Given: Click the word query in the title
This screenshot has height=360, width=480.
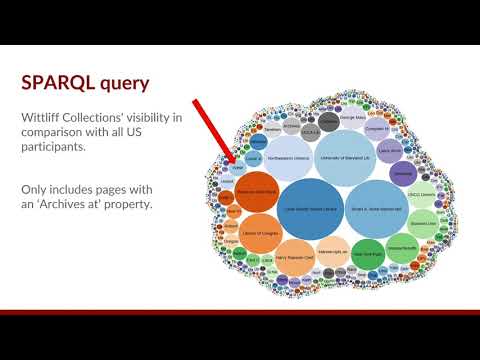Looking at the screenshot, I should [x=127, y=83].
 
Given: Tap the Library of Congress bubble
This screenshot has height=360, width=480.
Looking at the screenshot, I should [x=260, y=235].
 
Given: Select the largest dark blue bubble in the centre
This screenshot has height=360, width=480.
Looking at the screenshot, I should [x=310, y=207].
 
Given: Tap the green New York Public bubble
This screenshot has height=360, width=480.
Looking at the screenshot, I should [x=368, y=253].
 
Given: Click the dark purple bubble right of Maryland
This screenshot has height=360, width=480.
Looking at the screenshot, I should [x=401, y=174].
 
